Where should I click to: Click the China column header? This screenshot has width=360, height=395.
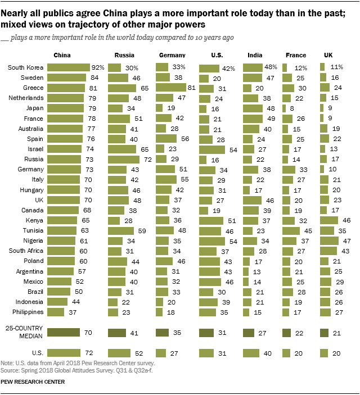(61, 55)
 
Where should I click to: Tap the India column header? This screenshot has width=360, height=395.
(254, 55)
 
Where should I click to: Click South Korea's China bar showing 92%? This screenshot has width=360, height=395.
(69, 67)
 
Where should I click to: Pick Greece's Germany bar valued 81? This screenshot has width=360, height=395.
(171, 88)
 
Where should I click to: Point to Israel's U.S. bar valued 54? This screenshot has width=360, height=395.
(212, 149)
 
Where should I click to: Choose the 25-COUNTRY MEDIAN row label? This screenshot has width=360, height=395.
(25, 332)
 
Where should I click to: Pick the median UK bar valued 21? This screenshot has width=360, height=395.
(323, 332)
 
